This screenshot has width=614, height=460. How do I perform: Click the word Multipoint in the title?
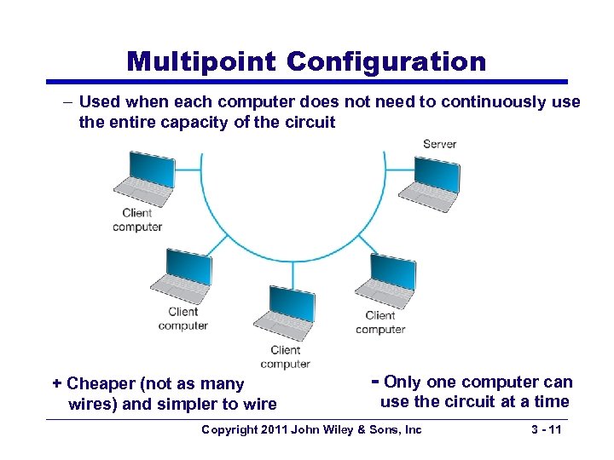[201, 61]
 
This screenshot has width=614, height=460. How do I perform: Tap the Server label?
[439, 144]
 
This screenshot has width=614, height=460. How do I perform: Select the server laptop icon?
[428, 181]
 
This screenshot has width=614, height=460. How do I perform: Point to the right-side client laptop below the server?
[383, 282]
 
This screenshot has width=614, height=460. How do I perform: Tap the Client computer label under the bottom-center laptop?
[285, 357]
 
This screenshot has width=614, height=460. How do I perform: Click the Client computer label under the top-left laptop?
[137, 220]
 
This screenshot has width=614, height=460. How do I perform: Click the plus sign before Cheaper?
[57, 383]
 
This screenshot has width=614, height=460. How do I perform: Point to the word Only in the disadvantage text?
[403, 382]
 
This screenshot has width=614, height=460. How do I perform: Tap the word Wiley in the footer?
[341, 429]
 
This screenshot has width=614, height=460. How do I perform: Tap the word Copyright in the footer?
[228, 429]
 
